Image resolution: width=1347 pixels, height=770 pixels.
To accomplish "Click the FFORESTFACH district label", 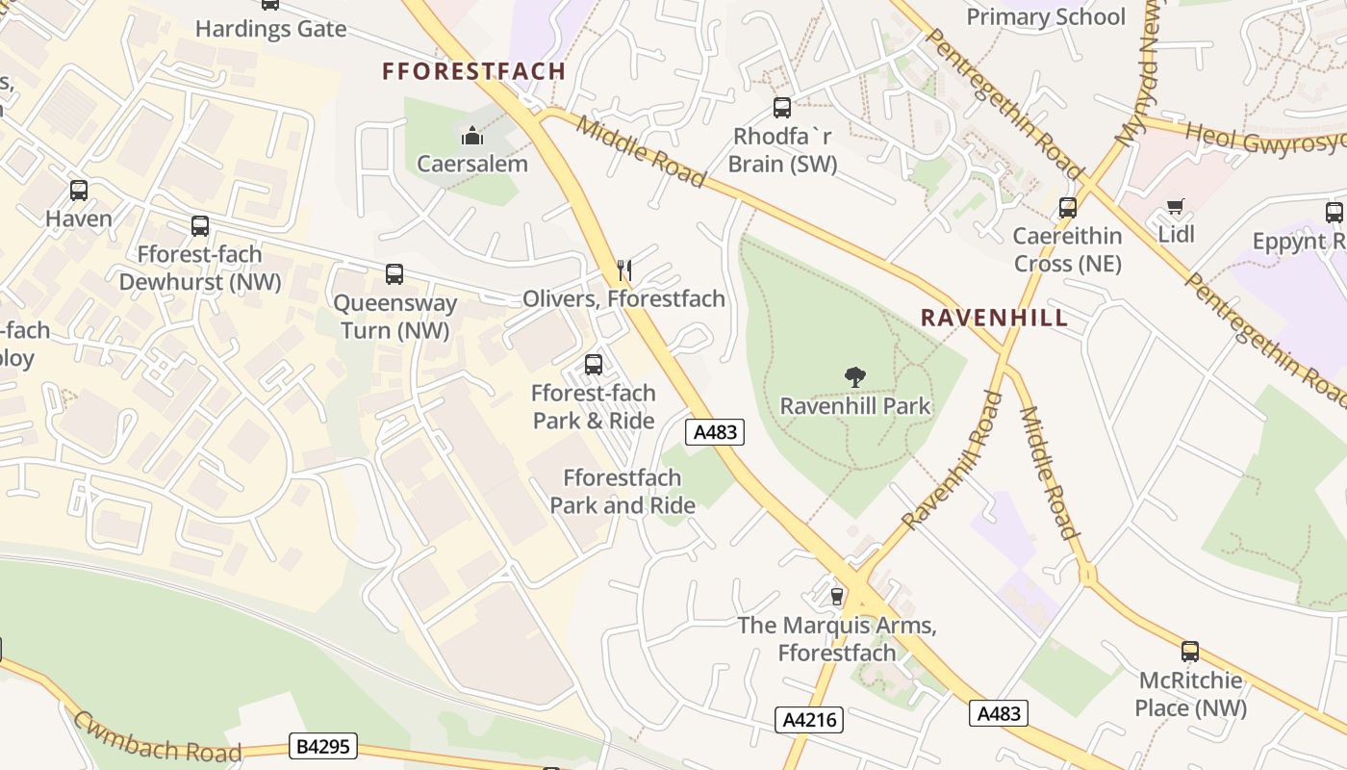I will click(x=473, y=71).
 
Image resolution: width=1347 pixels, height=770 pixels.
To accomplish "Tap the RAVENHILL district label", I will click(x=994, y=318).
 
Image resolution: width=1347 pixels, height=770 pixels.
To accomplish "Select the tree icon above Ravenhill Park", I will click(x=854, y=377).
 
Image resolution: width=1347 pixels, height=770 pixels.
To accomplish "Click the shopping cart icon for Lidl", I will click(x=1175, y=207).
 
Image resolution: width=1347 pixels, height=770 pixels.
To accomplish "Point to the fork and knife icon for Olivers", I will click(x=624, y=270).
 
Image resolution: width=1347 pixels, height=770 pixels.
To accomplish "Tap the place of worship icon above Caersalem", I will click(x=471, y=136).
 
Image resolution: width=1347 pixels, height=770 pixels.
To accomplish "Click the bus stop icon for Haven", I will click(x=79, y=191).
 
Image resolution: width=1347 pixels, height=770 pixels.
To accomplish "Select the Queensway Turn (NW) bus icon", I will click(x=394, y=274).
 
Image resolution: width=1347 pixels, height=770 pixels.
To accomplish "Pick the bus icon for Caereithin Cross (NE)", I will click(x=1067, y=208).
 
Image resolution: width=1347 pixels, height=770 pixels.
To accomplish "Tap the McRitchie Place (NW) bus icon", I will click(x=1190, y=652).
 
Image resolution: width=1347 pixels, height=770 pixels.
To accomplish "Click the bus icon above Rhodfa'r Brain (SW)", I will click(x=782, y=108).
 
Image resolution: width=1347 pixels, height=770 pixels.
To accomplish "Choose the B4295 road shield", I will click(x=323, y=746).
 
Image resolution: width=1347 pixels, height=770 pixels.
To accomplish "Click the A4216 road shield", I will click(x=809, y=720).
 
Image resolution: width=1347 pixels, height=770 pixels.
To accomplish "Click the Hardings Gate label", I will click(x=270, y=29).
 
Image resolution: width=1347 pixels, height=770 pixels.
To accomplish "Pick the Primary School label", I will click(x=1045, y=17).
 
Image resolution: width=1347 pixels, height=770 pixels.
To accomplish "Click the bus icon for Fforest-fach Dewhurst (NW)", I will click(x=200, y=226).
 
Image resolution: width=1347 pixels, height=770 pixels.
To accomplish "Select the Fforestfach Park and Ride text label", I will click(x=623, y=491).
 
